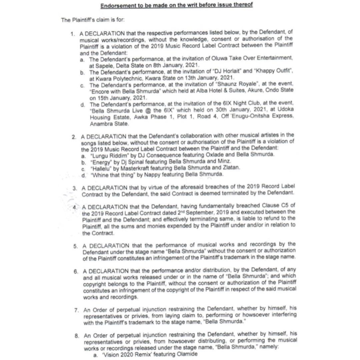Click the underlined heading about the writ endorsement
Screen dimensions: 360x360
tap(177, 5)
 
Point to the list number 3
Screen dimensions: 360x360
tap(75, 188)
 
